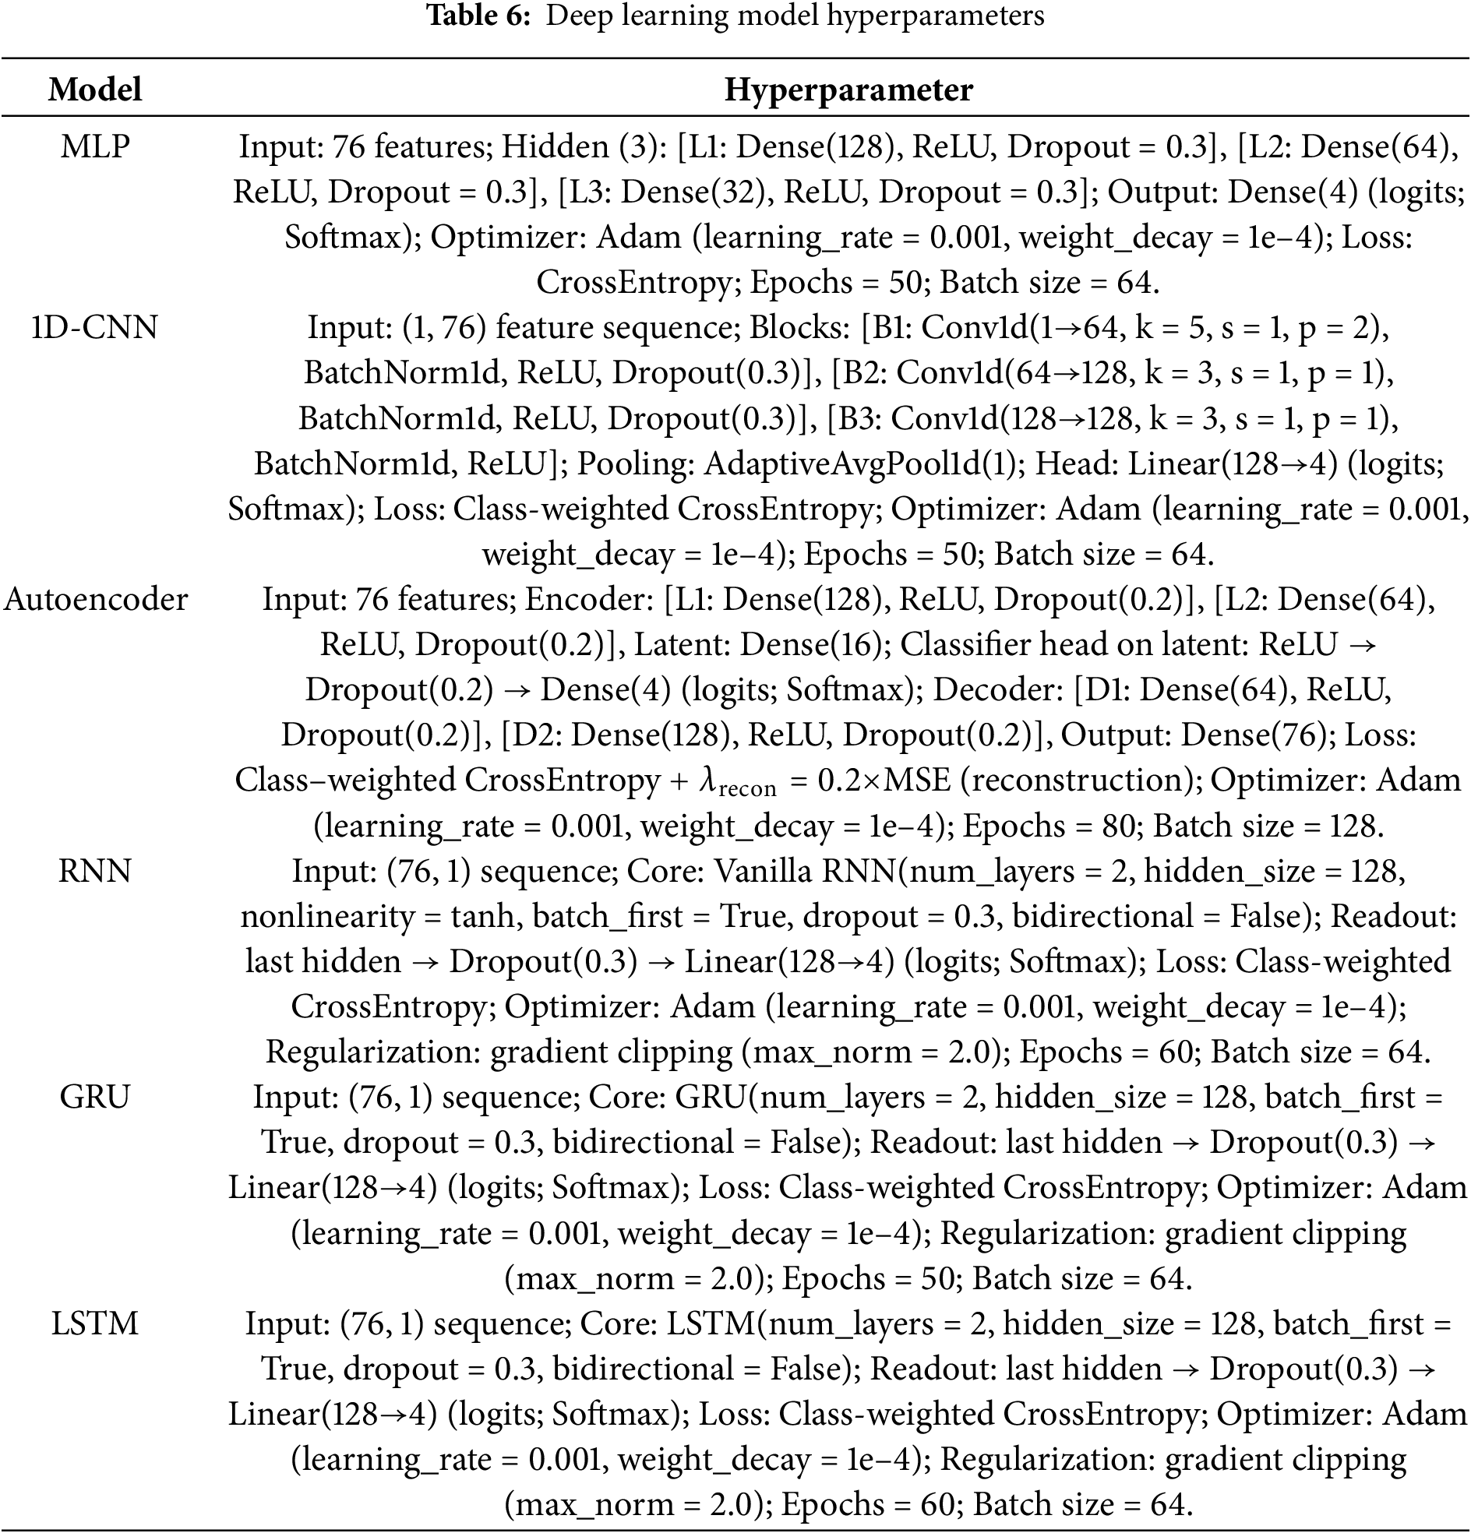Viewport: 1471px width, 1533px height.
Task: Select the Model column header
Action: click(95, 89)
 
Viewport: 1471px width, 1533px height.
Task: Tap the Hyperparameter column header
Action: click(848, 89)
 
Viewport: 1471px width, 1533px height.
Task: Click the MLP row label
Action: click(95, 146)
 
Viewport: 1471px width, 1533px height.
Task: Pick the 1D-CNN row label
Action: click(95, 327)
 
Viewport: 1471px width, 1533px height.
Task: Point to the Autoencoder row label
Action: click(97, 599)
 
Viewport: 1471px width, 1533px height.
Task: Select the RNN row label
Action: click(95, 871)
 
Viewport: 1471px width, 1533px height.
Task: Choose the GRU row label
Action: click(95, 1097)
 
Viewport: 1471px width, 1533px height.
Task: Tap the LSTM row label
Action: click(95, 1323)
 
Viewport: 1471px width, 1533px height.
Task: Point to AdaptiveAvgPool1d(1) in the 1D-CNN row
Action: click(865, 463)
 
